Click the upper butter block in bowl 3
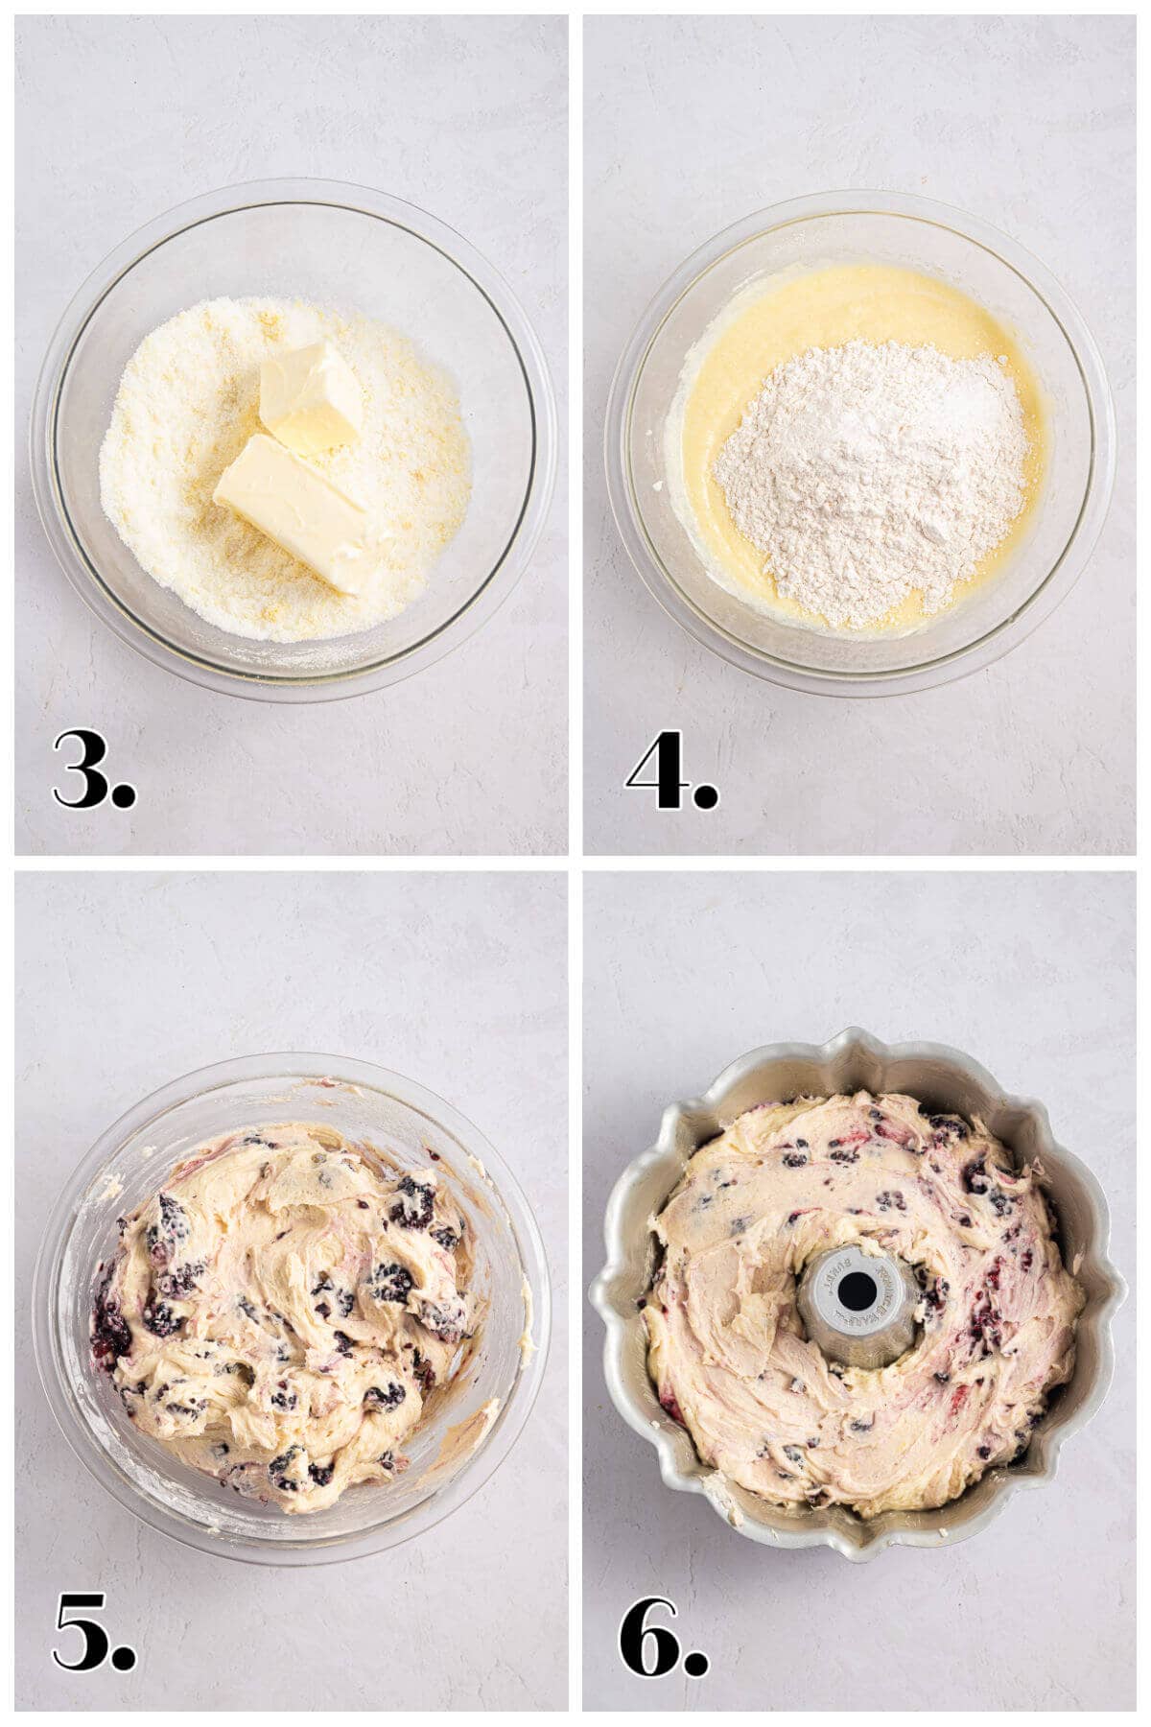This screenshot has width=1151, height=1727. (309, 398)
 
